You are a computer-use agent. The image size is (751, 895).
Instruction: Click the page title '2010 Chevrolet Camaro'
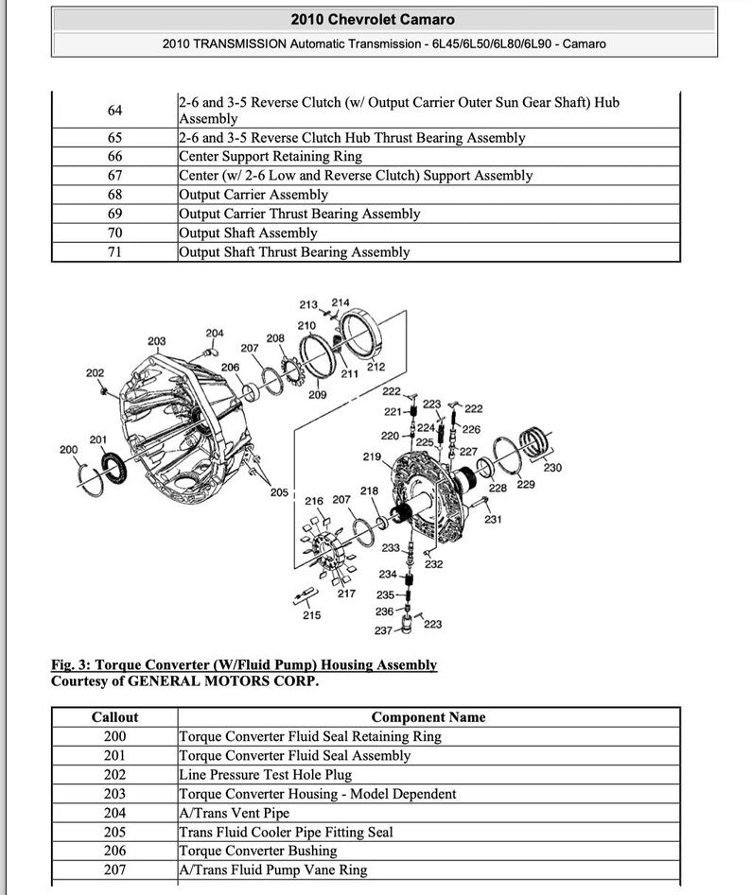pyautogui.click(x=372, y=19)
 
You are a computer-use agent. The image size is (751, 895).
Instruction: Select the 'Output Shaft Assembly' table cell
pyautogui.click(x=248, y=232)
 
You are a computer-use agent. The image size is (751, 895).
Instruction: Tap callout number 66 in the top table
pyautogui.click(x=114, y=156)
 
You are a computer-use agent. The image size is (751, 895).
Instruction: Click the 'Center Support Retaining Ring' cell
pyautogui.click(x=270, y=156)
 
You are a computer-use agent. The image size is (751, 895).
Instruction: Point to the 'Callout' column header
pyautogui.click(x=114, y=717)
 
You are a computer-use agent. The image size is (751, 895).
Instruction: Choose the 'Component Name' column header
pyautogui.click(x=428, y=717)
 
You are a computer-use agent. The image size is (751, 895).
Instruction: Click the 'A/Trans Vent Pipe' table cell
pyautogui.click(x=234, y=813)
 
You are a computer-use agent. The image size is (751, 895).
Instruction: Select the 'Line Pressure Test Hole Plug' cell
pyautogui.click(x=265, y=775)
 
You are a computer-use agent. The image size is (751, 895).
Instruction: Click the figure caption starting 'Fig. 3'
pyautogui.click(x=244, y=664)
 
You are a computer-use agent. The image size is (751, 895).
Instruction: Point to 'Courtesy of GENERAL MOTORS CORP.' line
pyautogui.click(x=184, y=680)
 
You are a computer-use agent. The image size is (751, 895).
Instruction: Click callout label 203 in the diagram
pyautogui.click(x=157, y=341)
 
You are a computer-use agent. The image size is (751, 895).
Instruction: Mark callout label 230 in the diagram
pyautogui.click(x=552, y=467)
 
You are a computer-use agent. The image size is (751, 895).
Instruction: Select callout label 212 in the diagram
pyautogui.click(x=375, y=367)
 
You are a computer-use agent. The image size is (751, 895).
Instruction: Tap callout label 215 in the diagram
pyautogui.click(x=311, y=615)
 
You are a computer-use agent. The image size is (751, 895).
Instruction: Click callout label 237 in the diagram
pyautogui.click(x=383, y=630)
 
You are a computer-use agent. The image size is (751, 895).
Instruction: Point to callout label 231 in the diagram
pyautogui.click(x=493, y=519)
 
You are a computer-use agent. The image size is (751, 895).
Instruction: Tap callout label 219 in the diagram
pyautogui.click(x=372, y=456)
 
